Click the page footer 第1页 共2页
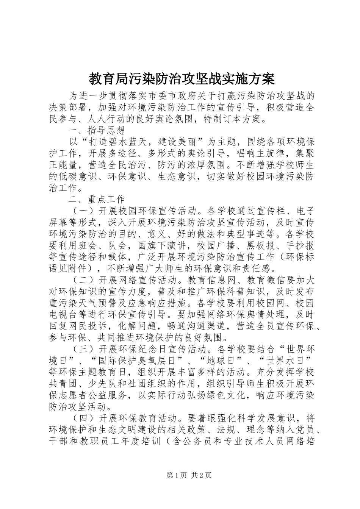pyautogui.click(x=189, y=475)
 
